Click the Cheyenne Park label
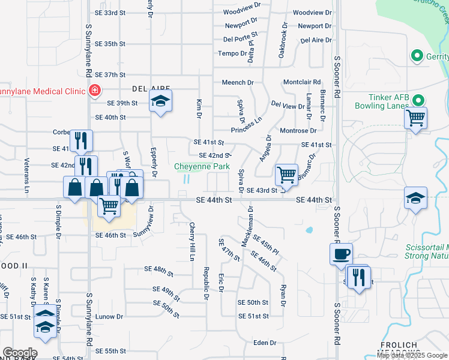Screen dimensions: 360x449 tap(202, 166)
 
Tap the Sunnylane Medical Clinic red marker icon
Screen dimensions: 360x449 tap(94, 91)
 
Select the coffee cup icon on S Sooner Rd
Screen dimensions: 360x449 tap(341, 253)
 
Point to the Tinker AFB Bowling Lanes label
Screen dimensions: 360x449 tap(392, 102)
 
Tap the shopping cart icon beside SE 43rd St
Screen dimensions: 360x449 tap(286, 175)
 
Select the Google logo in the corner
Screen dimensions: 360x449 tap(19, 353)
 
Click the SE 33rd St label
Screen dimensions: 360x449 tap(110, 13)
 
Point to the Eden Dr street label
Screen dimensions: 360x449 tap(264, 343)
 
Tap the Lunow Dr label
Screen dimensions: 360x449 tap(109, 316)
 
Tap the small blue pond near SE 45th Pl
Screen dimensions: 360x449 tap(309, 230)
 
